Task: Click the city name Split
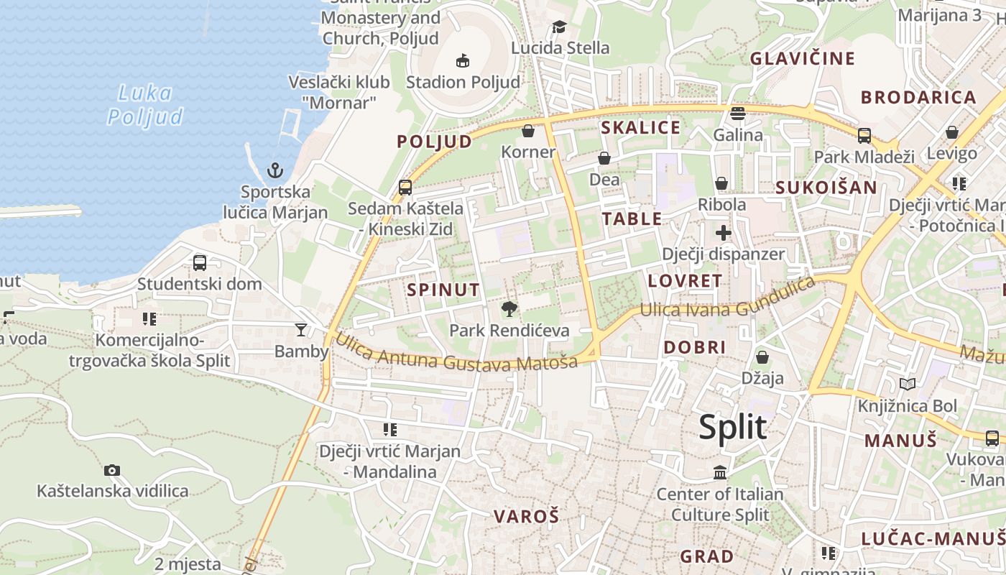pyautogui.click(x=732, y=428)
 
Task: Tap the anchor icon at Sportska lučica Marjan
pyautogui.click(x=274, y=170)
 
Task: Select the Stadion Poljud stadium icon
pyautogui.click(x=463, y=60)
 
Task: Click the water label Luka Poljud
pyautogui.click(x=145, y=104)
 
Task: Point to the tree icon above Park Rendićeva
pyautogui.click(x=509, y=310)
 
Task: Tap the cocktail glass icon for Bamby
pyautogui.click(x=300, y=330)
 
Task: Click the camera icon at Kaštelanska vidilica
pyautogui.click(x=112, y=470)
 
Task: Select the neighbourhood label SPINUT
pyautogui.click(x=443, y=290)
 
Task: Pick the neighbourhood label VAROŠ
pyautogui.click(x=526, y=516)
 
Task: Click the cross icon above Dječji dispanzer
pyautogui.click(x=724, y=233)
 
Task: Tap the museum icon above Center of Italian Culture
pyautogui.click(x=720, y=472)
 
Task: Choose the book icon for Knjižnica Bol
pyautogui.click(x=908, y=385)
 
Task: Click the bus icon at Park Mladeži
pyautogui.click(x=864, y=135)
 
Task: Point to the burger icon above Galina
pyautogui.click(x=738, y=113)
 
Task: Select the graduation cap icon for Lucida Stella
pyautogui.click(x=559, y=27)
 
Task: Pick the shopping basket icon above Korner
pyautogui.click(x=528, y=131)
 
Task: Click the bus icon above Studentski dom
pyautogui.click(x=200, y=263)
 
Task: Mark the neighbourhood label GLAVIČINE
pyautogui.click(x=803, y=58)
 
